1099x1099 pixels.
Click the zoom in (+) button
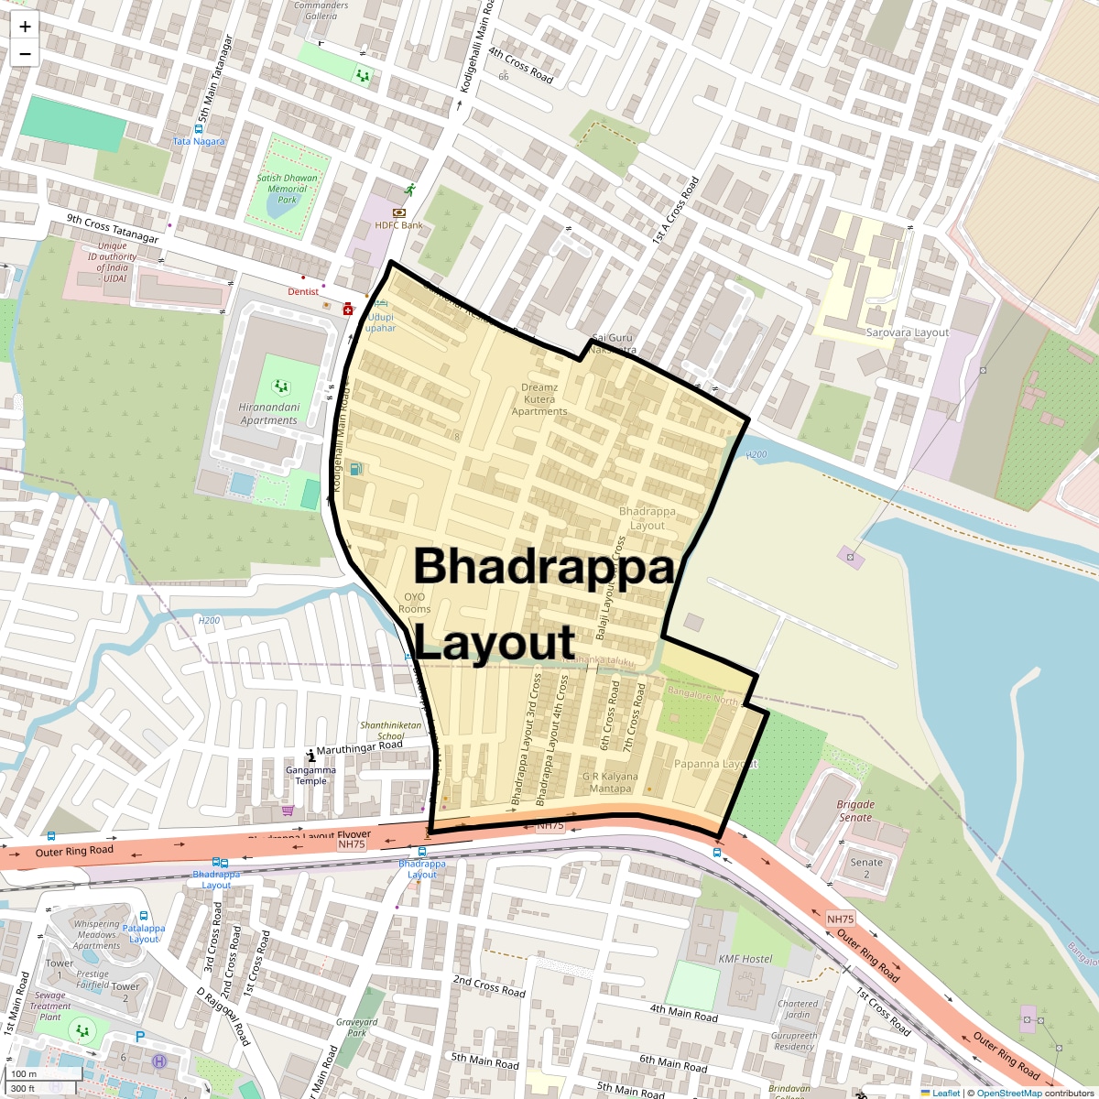[x=25, y=27]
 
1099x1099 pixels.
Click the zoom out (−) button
[x=25, y=54]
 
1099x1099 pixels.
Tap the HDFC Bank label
[x=398, y=225]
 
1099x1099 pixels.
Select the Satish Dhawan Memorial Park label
[x=288, y=189]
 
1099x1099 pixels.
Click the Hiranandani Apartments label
[x=268, y=414]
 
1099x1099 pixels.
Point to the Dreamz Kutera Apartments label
[x=539, y=399]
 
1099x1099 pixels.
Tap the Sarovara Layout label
[x=907, y=332]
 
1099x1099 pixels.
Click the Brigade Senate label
[x=855, y=811]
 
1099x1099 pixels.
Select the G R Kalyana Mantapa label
[x=610, y=782]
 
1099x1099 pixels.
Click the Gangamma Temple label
[x=310, y=776]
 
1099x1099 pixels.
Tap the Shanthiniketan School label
[x=391, y=730]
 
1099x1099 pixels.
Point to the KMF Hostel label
[x=745, y=959]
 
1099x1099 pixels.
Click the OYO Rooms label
[x=414, y=603]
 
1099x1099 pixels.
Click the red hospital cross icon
[x=348, y=310]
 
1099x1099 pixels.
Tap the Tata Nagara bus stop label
[x=199, y=141]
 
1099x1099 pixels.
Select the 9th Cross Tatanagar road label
[x=113, y=228]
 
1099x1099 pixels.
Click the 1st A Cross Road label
[x=675, y=210]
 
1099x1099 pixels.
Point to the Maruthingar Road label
[x=359, y=747]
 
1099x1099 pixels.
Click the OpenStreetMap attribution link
[x=1008, y=1093]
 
